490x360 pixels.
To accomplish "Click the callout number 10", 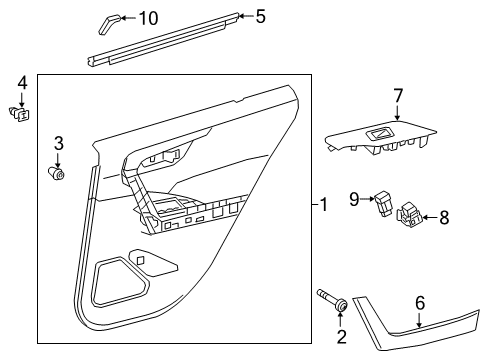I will (148, 17).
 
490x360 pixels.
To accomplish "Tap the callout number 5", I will (260, 16).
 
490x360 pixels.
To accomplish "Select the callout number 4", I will (21, 81).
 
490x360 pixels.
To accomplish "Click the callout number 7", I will (397, 96).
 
